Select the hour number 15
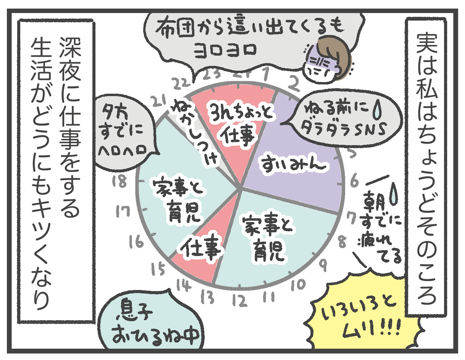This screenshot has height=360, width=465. tap(158, 269)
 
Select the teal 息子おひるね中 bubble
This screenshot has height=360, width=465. tap(151, 326)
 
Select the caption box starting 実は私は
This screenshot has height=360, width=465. tap(426, 165)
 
